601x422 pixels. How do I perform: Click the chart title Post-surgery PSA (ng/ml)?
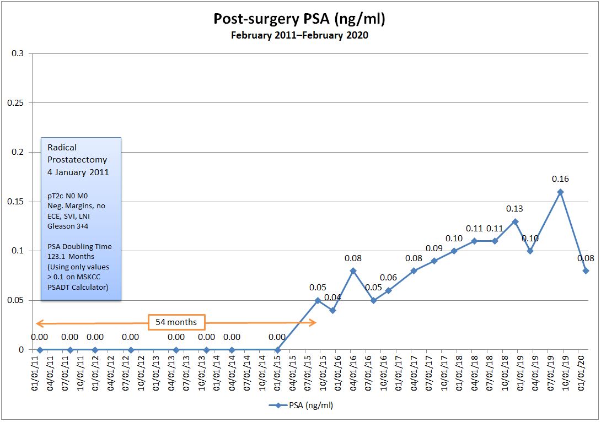299,19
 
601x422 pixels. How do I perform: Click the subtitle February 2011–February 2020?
299,36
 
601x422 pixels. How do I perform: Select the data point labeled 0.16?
560,192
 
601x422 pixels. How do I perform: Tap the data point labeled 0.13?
515,221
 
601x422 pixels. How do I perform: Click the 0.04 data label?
332,298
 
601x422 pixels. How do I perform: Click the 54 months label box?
176,322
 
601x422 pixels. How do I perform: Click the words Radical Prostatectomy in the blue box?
77,154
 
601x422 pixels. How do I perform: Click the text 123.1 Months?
71,256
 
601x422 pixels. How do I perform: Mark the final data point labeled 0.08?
586,270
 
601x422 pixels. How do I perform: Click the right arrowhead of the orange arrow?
314,323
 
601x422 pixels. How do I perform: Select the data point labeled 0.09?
434,261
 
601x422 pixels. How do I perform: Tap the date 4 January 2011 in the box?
78,172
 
